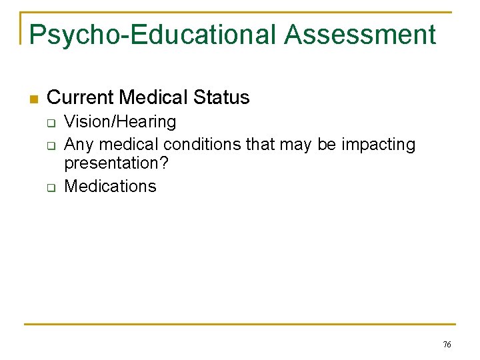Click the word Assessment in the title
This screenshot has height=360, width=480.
click(360, 35)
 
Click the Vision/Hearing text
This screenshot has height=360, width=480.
click(120, 121)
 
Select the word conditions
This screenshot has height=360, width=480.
click(203, 144)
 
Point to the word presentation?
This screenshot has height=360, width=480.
click(116, 164)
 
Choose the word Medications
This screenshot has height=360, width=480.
click(110, 186)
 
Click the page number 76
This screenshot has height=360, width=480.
click(447, 345)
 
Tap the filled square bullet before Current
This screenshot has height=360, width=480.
click(34, 99)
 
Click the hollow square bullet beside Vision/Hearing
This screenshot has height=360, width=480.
click(50, 123)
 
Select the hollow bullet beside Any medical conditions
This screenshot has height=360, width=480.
click(50, 145)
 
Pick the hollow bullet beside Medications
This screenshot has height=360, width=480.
click(50, 187)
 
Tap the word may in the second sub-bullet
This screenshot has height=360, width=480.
click(297, 144)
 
